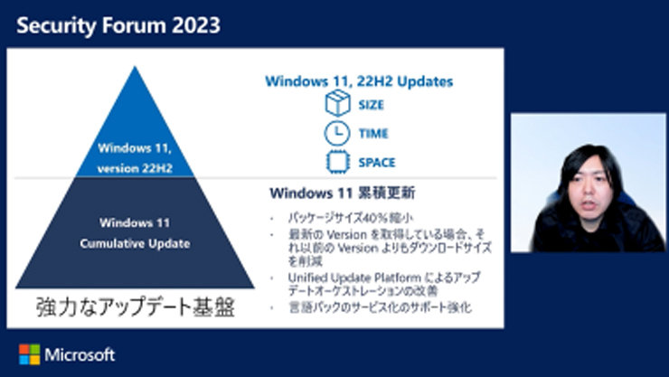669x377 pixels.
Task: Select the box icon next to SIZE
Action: tap(336, 105)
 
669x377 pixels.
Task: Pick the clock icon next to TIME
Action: tap(336, 134)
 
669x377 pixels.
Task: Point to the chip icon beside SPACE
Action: tap(336, 163)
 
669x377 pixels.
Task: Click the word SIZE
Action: tap(372, 105)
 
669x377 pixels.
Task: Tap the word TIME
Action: tap(373, 134)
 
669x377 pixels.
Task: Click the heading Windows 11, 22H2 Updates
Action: tap(359, 81)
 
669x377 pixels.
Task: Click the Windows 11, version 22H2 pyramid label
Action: tap(135, 155)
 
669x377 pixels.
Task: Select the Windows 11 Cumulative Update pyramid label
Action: tap(135, 231)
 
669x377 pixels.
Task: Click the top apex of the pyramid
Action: tap(135, 68)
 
